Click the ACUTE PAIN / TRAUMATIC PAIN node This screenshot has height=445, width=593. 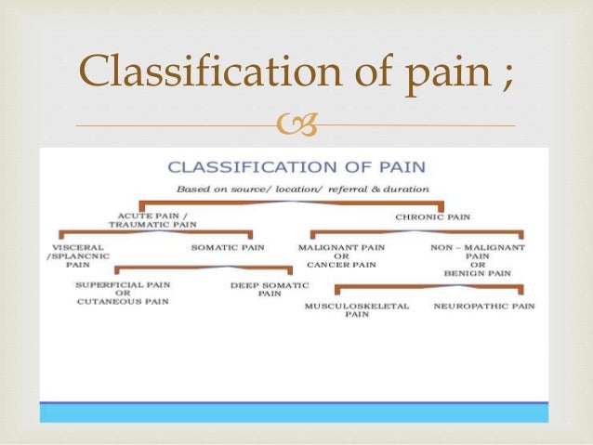(140, 219)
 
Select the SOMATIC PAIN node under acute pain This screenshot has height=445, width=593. (227, 248)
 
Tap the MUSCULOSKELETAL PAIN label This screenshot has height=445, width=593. (357, 309)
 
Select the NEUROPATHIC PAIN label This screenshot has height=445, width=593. (483, 306)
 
